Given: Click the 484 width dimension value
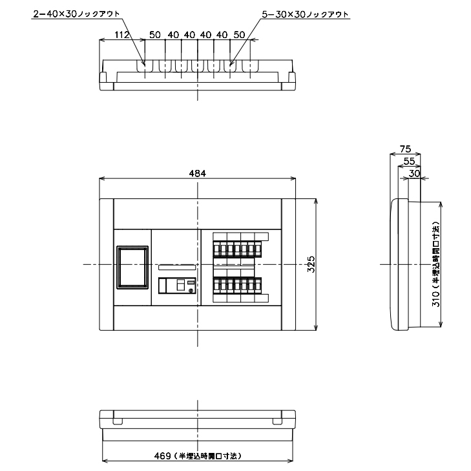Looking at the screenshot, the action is point(197,173).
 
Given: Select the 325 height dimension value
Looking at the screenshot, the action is point(311,264).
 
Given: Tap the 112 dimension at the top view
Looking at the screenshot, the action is point(121,35).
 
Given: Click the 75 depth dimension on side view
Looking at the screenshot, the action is point(405,149).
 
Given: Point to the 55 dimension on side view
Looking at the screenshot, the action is point(409,162).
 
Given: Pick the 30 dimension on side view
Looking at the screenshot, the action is point(414,173).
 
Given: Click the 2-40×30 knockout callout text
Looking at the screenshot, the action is point(77,14).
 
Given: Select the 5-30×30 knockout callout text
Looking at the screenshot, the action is point(305,14).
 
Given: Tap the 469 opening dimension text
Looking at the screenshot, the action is point(198,456).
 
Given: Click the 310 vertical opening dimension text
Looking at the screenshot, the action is point(436,264).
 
